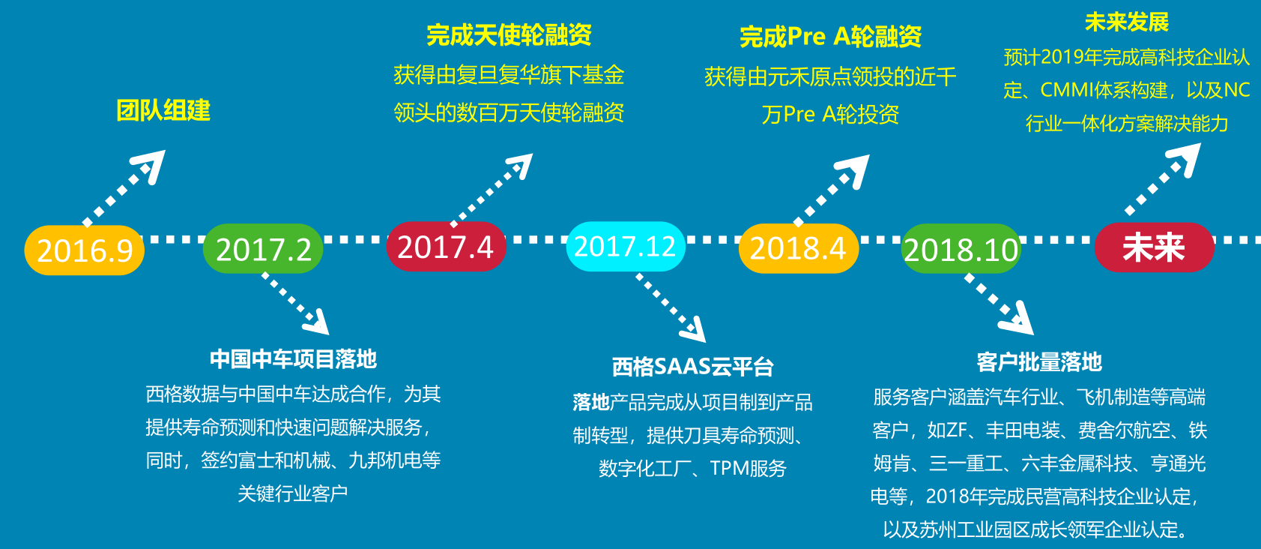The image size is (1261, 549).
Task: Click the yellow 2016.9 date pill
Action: pyautogui.click(x=85, y=250)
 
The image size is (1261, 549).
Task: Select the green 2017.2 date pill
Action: pyautogui.click(x=263, y=248)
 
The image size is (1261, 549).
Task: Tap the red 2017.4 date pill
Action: pyautogui.click(x=447, y=246)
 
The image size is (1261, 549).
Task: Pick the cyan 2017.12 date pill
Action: pyautogui.click(x=626, y=246)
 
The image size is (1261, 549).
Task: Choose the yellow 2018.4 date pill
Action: pyautogui.click(x=799, y=248)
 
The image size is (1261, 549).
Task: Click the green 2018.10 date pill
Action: pyautogui.click(x=961, y=248)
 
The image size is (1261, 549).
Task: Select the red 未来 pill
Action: pyautogui.click(x=1154, y=247)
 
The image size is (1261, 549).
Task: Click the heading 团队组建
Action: pyautogui.click(x=163, y=110)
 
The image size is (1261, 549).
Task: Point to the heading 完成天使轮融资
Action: pyautogui.click(x=509, y=35)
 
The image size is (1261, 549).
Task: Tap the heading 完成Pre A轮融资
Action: pyautogui.click(x=830, y=37)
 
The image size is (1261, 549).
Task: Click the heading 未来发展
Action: pyautogui.click(x=1127, y=22)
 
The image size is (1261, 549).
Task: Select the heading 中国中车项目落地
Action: pyautogui.click(x=293, y=359)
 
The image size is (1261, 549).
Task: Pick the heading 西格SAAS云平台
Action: pyautogui.click(x=693, y=367)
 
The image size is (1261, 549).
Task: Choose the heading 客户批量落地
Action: pyautogui.click(x=1039, y=361)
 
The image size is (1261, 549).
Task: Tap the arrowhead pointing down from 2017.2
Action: pyautogui.click(x=317, y=322)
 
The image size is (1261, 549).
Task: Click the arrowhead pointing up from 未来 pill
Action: pyautogui.click(x=1185, y=158)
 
